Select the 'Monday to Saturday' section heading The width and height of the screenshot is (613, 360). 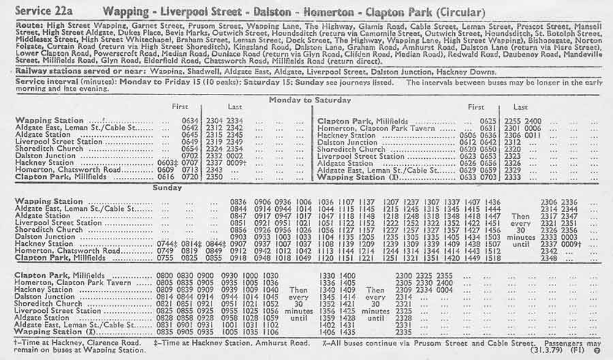coord(310,99)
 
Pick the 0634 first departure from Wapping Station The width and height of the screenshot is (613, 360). coord(190,120)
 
